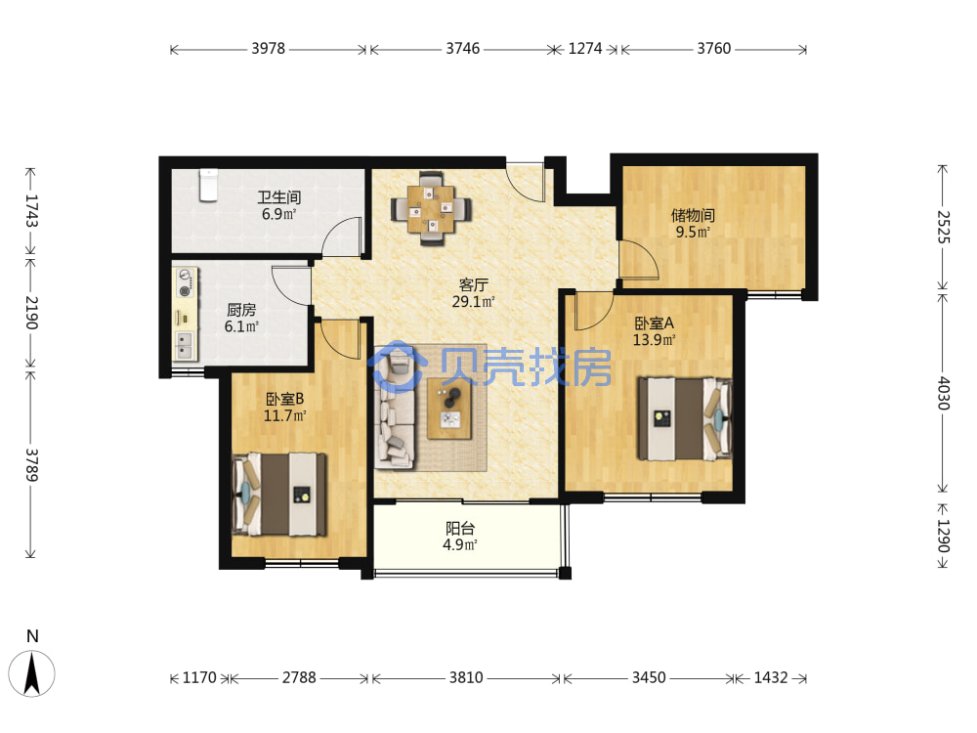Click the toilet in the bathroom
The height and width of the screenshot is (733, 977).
[x=208, y=185]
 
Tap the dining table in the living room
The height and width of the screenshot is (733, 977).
[x=431, y=209]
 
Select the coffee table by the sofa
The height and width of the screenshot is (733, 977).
[x=449, y=409]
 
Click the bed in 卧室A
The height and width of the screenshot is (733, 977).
[x=684, y=419]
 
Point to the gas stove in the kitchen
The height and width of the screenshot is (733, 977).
[x=185, y=282]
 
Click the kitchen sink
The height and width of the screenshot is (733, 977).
[x=185, y=346]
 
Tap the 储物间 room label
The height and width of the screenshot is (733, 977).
[x=693, y=216]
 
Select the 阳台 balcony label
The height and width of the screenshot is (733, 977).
[x=460, y=529]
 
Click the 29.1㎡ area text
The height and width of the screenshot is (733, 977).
[x=474, y=302]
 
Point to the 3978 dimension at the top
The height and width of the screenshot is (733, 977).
[x=269, y=49]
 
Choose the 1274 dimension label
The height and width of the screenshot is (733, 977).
[x=585, y=49]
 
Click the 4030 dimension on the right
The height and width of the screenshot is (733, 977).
[x=944, y=393]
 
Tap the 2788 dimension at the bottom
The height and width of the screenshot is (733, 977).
[x=299, y=677]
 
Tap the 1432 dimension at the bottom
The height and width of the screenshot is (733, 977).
[x=771, y=677]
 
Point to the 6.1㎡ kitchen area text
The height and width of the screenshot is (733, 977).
[x=241, y=326]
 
